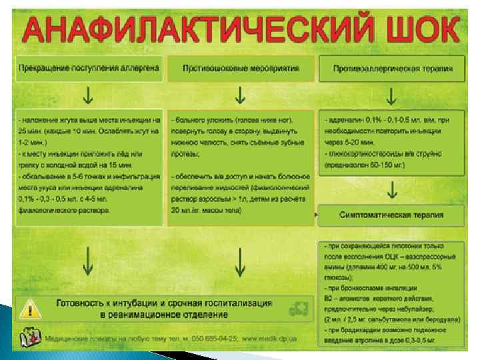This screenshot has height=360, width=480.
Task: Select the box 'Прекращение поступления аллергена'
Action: coord(89,69)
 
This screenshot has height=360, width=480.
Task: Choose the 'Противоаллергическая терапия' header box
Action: coord(392,69)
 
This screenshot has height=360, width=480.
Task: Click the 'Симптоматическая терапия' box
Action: coord(392,215)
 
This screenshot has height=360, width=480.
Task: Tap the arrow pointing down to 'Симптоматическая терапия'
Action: coord(392,190)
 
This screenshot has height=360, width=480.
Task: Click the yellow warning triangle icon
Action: coord(29,308)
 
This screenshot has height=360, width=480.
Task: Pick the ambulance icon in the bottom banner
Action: coord(297,309)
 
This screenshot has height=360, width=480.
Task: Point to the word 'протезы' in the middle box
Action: coord(185,154)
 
